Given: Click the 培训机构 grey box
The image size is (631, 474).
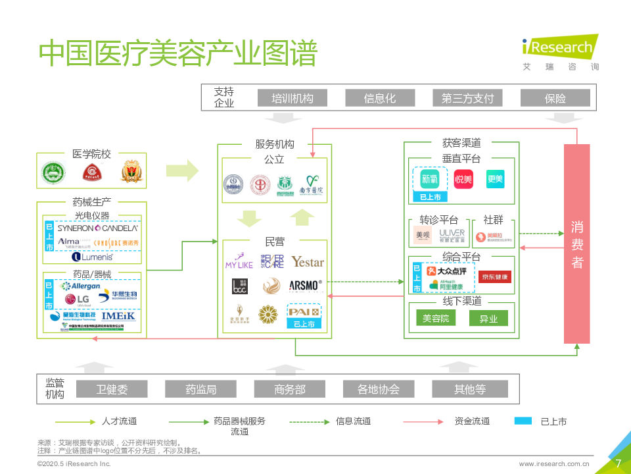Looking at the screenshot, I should [292, 99].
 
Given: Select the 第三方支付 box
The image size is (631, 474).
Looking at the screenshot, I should [467, 99].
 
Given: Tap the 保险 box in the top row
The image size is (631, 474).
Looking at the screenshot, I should [555, 99].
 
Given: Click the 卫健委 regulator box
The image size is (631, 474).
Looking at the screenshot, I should [112, 389].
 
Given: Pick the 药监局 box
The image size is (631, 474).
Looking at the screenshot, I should [200, 389].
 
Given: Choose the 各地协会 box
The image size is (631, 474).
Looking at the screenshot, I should [378, 389].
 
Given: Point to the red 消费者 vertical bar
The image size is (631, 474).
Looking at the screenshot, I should [576, 244].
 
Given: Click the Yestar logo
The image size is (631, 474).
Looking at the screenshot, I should [308, 262].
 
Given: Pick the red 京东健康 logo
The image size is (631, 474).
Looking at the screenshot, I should [494, 276].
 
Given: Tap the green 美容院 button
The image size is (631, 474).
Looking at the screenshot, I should [436, 319].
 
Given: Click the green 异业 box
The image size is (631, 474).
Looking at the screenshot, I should [488, 319].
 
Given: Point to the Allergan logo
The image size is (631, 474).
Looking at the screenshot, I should [80, 286].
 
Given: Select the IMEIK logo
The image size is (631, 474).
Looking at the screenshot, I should [118, 316].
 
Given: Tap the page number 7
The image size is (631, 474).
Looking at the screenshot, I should [618, 463].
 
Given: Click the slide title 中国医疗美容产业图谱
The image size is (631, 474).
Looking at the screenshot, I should [177, 54].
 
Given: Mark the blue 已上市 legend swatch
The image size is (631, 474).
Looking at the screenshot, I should [523, 421].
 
